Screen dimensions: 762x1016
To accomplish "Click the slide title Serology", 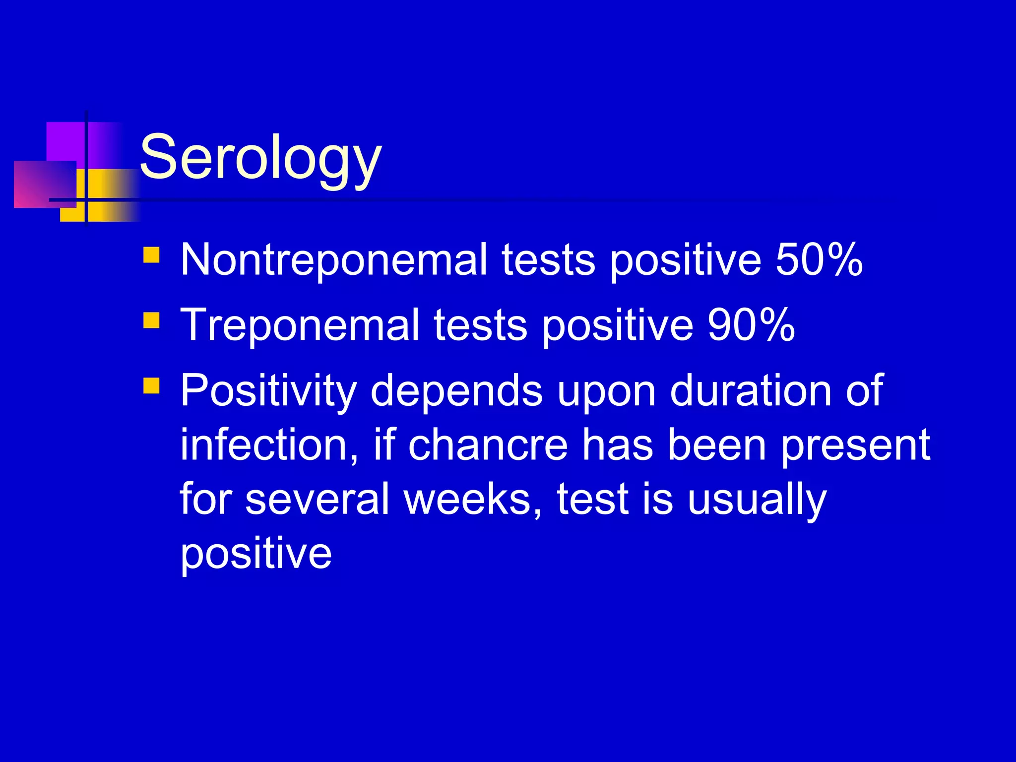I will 260,158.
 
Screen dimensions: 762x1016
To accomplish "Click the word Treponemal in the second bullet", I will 300,326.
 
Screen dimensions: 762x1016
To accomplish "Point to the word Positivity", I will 268,391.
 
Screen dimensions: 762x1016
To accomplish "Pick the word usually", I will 757,500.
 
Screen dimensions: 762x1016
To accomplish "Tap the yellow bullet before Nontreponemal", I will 151,255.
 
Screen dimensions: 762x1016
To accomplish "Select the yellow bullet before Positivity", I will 151,385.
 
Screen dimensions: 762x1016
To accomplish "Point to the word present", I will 855,446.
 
